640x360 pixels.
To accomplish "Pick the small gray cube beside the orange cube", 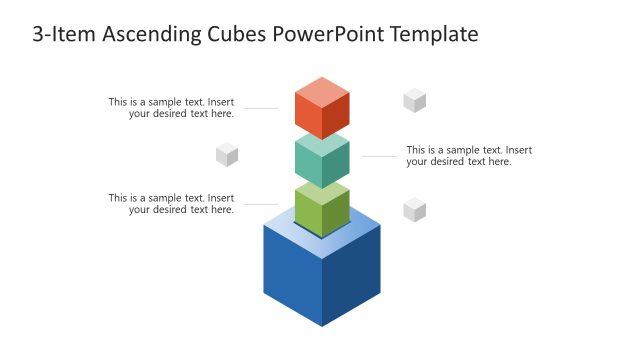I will tap(415, 100).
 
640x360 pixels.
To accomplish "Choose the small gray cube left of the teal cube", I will tap(227, 154).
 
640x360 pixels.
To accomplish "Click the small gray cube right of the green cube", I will tap(415, 209).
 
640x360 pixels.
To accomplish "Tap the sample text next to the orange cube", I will tap(171, 107).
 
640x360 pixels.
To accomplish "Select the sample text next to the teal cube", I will tap(469, 156).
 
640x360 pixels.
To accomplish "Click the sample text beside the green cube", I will tap(171, 203).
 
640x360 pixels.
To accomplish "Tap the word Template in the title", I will tap(435, 35).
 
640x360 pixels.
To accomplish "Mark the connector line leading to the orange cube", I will tap(260, 108).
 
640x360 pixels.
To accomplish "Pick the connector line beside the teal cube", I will tap(380, 156).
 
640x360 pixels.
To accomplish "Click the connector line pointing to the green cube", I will tap(260, 204).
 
